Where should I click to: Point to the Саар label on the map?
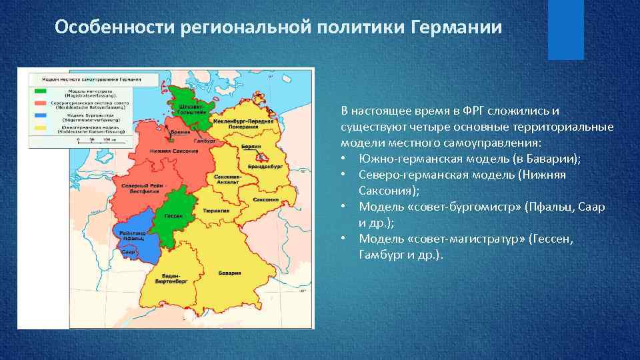129,252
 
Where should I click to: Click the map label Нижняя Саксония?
174,151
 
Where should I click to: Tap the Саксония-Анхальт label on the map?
227,179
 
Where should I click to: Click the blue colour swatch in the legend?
41,115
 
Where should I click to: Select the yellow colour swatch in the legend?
41,126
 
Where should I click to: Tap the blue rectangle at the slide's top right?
565,29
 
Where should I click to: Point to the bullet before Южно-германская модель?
343,159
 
